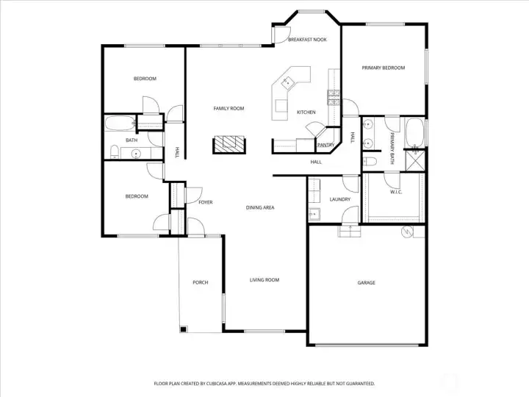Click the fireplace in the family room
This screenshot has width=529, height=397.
click(x=229, y=145)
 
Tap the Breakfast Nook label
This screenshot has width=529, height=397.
click(x=307, y=40)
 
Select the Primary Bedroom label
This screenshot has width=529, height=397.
click(x=384, y=68)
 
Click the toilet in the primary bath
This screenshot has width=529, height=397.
click(x=370, y=162)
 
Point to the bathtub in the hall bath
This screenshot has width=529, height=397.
click(x=120, y=124)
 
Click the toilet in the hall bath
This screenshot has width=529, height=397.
click(x=115, y=152)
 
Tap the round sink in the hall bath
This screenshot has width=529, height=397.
click(x=136, y=154)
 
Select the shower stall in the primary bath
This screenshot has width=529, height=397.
click(x=414, y=160)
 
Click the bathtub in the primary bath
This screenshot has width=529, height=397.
click(x=414, y=132)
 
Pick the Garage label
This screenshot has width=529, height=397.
click(x=367, y=282)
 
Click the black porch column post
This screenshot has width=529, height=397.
click(x=183, y=329)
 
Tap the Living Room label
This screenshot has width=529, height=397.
click(x=264, y=280)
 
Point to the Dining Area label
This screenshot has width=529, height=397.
click(x=260, y=207)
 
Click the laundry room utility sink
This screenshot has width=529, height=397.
click(x=314, y=214)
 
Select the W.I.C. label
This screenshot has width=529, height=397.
click(x=396, y=192)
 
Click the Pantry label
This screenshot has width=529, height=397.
click(x=325, y=145)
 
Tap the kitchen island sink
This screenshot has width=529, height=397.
click(x=289, y=81)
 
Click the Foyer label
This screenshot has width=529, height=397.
click(x=206, y=202)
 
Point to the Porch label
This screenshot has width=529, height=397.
click(x=201, y=282)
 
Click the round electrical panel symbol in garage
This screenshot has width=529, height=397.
click(x=407, y=232)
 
